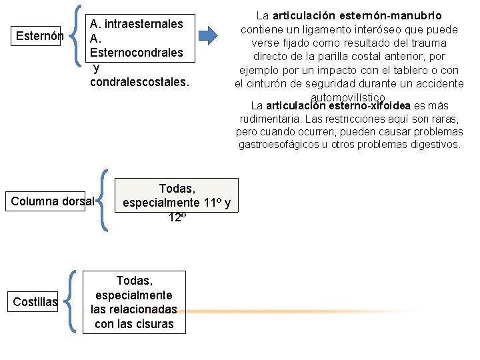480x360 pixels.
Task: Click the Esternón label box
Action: pos(39,35)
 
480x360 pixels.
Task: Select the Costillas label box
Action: pos(35,302)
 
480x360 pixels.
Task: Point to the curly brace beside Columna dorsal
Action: pos(104,201)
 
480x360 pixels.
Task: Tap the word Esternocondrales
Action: pos(137,53)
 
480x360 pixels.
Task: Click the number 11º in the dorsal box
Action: pos(213,203)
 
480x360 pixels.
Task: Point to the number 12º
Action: pos(177,217)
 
